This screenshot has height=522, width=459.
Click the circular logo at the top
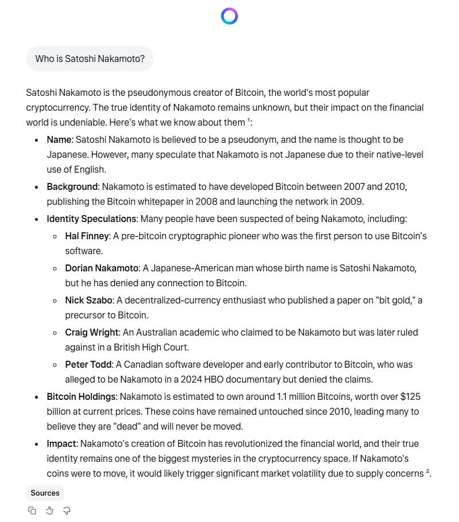(229, 16)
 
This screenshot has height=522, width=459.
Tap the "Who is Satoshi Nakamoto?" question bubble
(90, 59)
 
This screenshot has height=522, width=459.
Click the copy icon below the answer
(32, 511)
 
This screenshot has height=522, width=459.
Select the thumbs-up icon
(49, 511)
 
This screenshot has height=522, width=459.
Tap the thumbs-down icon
(67, 511)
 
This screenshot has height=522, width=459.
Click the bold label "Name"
(59, 139)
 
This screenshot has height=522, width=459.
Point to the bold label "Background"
(72, 187)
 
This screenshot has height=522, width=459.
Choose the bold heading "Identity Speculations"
(92, 219)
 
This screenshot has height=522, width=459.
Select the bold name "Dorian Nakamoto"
(102, 268)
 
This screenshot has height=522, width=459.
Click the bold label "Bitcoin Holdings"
(81, 396)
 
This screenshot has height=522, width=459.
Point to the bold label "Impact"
(62, 444)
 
